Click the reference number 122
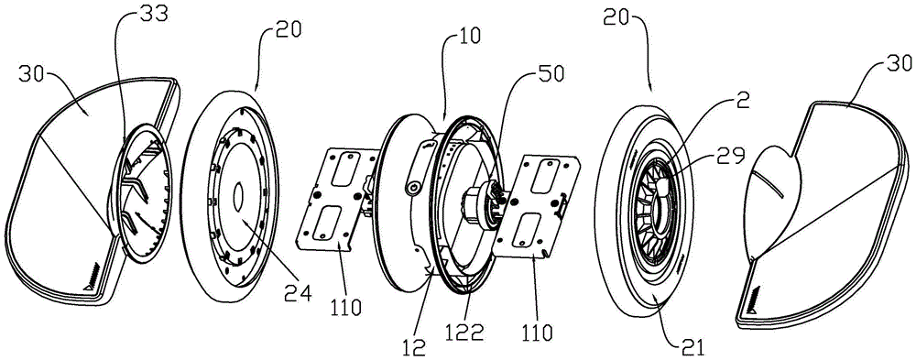pos(468,333)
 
